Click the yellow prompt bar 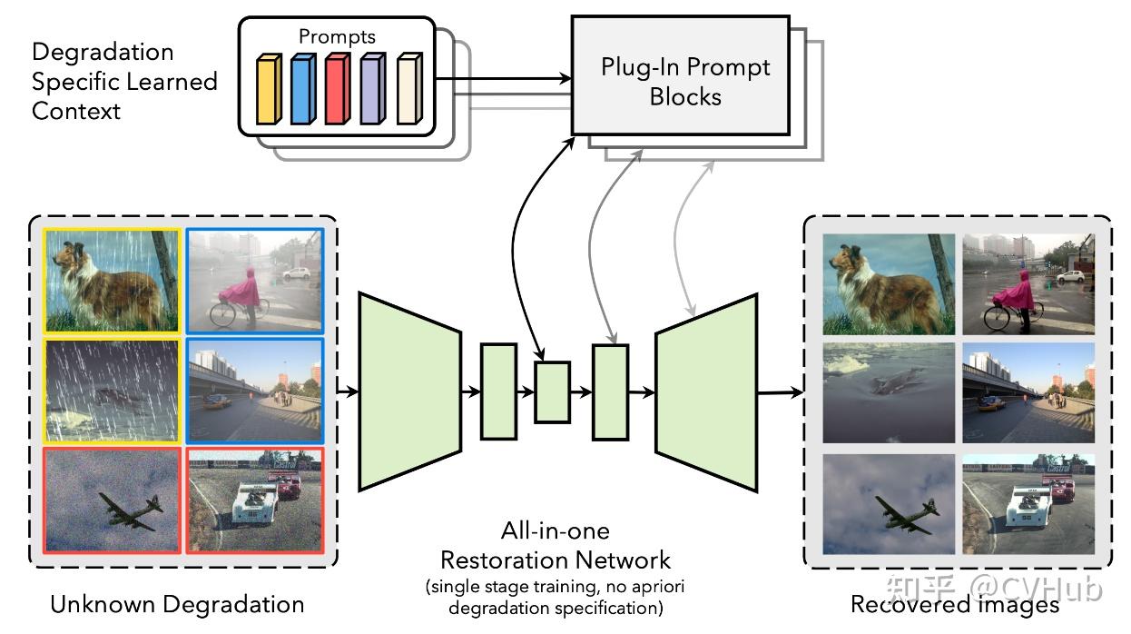pos(269,89)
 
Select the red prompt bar pos(338,89)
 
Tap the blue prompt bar pos(303,89)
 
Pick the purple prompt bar pos(373,89)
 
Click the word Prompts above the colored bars pos(337,36)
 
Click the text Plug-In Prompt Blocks pos(685,82)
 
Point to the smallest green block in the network pos(553,392)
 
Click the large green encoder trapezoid pos(409,391)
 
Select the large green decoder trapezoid pos(706,392)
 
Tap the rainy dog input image pos(112,281)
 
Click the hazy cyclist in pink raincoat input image pos(255,281)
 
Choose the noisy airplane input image pos(112,500)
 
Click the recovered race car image pos(1028,504)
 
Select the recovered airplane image pos(889,504)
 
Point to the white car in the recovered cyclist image pos(1070,276)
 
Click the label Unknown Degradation pos(177,604)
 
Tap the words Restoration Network pos(556,560)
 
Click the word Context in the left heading pos(76,111)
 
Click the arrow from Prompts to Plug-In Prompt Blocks pos(504,78)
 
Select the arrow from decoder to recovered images pos(781,392)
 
